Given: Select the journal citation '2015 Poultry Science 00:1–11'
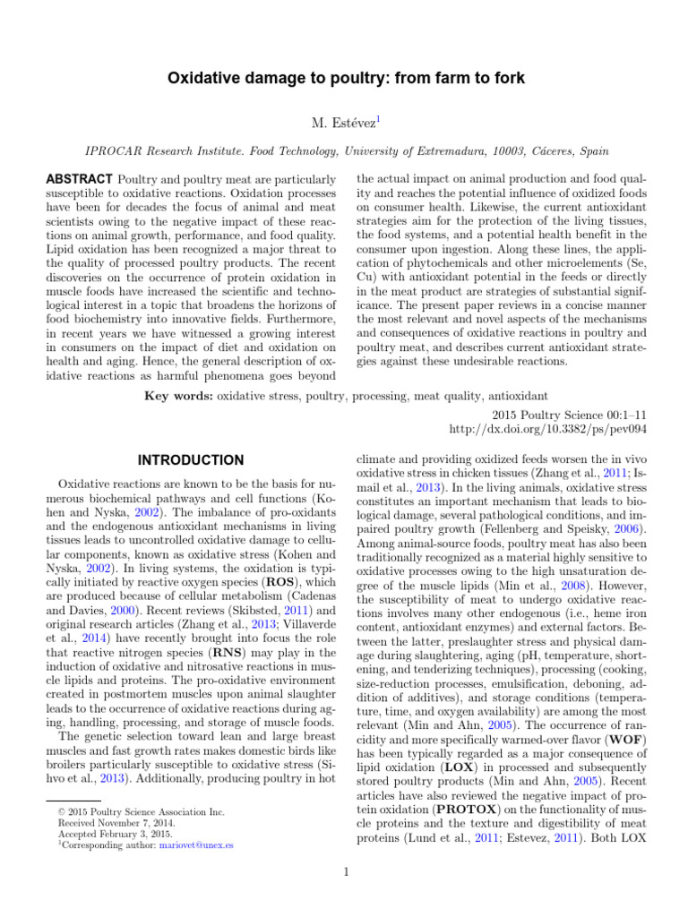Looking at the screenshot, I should tap(570, 415).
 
